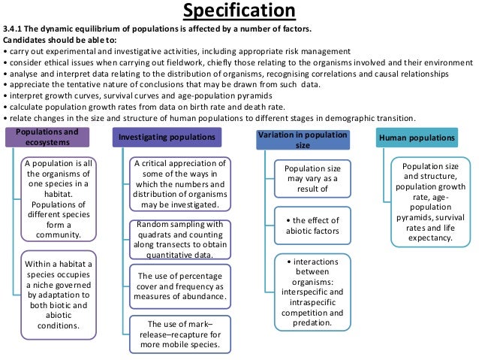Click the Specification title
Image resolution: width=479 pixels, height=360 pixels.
tap(239, 12)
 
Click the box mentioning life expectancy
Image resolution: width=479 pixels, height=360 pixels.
tap(427, 201)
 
